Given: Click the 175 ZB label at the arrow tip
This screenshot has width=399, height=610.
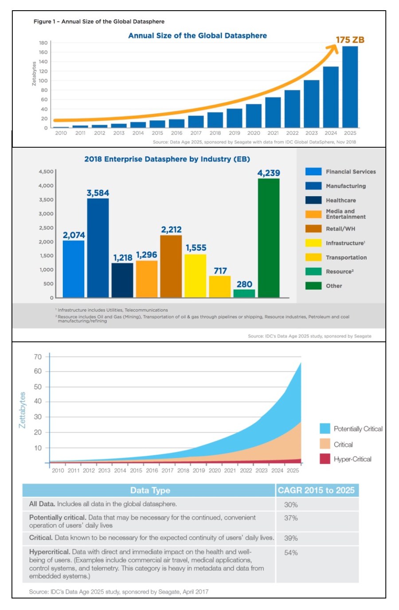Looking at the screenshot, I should coord(350,40).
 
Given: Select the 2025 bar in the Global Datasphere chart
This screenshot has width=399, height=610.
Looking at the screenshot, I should coord(350,87).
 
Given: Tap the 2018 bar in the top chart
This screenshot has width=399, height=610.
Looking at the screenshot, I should coord(215,120).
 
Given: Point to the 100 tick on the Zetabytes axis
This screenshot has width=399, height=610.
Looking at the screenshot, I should coord(43,81).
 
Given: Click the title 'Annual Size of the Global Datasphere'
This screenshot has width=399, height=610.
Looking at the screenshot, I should coord(197,36).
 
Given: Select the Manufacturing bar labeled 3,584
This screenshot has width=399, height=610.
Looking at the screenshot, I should coord(98,248).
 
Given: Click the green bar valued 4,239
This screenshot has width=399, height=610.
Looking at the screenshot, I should coord(269,238).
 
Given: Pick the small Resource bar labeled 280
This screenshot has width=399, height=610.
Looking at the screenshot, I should coord(244,293).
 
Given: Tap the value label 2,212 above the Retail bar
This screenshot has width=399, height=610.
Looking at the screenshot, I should coord(171,230).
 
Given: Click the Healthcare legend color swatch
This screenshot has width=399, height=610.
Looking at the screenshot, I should coord(313,200).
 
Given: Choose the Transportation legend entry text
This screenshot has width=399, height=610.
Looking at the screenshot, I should coord(346,257).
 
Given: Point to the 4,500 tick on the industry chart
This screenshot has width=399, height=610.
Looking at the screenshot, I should coord(46,171).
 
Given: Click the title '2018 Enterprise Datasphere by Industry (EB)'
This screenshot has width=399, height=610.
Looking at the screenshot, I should coord(167,159).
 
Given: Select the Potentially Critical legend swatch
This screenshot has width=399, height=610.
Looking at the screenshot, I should coord(325,428).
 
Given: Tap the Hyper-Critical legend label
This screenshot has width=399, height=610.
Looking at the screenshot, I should coord(352,459).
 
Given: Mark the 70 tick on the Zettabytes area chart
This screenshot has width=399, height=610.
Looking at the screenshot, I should coord(38,357).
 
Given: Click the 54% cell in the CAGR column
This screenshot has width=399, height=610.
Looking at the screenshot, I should coord(291,553).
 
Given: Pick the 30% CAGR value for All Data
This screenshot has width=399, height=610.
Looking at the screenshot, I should coord(291,505).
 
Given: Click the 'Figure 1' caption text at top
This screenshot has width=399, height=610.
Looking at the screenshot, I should coord(99,21).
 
